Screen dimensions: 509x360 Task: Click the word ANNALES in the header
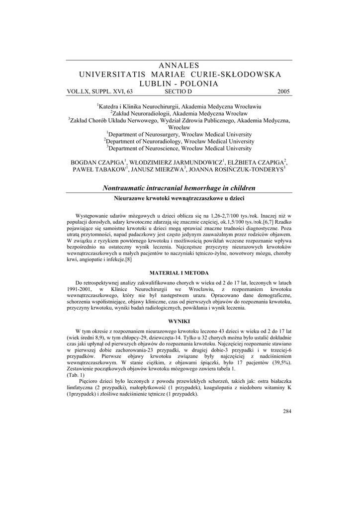click(x=180, y=66)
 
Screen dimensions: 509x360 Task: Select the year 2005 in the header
click(x=284, y=91)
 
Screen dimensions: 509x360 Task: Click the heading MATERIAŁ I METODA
click(x=180, y=273)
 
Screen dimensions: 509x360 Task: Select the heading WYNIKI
click(x=180, y=321)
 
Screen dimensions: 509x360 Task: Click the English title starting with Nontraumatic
click(x=179, y=188)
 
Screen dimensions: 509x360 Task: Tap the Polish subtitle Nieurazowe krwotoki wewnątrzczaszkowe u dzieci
click(x=180, y=198)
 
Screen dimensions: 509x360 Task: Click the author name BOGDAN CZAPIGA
click(x=99, y=163)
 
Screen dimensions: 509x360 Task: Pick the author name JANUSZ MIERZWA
click(x=158, y=170)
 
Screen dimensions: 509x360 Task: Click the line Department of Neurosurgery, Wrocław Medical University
click(x=180, y=134)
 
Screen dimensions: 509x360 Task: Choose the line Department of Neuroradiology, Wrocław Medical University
click(x=180, y=141)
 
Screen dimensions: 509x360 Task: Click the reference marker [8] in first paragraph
click(x=128, y=259)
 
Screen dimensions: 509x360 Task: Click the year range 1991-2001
click(x=79, y=289)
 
